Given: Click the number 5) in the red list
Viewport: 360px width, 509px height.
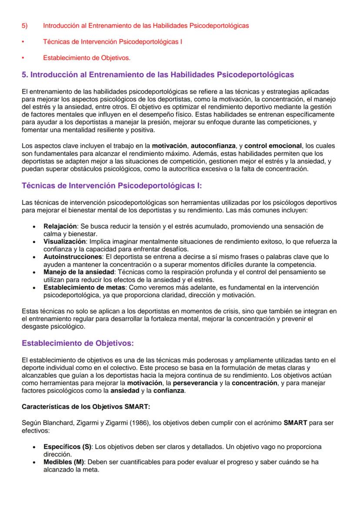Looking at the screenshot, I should click(24, 26).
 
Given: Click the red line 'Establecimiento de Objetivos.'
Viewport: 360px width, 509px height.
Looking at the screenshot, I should click(87, 58).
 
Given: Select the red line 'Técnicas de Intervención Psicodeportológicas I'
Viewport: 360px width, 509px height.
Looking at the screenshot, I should click(112, 42).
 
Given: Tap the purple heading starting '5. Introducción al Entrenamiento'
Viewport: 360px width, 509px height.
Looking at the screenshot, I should click(158, 75).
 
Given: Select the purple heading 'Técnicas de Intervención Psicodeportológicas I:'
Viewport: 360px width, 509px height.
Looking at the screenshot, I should click(112, 186).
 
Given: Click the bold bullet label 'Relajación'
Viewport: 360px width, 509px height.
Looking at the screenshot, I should click(60, 226).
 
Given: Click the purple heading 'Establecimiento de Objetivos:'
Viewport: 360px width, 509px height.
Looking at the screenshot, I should click(78, 343).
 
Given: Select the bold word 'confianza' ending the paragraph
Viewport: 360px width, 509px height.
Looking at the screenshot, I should click(169, 391).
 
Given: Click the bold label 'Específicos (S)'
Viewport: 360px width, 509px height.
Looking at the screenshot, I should click(67, 446).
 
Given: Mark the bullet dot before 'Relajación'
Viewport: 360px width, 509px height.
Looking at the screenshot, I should click(34, 227).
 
